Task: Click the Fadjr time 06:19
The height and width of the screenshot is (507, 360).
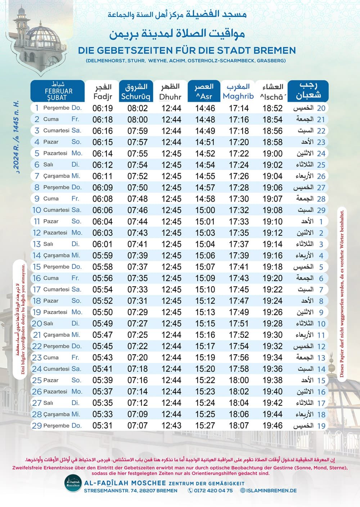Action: (x=103, y=108)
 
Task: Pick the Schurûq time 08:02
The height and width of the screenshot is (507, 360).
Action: (x=138, y=108)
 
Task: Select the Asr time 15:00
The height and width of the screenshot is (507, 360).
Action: (x=205, y=210)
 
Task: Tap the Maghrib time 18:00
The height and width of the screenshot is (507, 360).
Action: (x=239, y=380)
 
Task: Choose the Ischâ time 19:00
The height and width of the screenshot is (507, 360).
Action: (x=273, y=153)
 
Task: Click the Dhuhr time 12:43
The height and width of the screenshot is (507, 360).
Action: (x=171, y=426)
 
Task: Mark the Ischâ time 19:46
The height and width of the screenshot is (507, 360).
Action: (x=273, y=426)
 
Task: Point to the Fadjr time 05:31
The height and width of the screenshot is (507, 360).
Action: (x=103, y=426)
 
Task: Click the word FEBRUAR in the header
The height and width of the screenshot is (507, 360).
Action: (x=58, y=91)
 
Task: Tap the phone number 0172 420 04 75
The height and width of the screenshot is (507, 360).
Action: (x=213, y=490)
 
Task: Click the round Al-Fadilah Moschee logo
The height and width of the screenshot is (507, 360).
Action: (x=73, y=484)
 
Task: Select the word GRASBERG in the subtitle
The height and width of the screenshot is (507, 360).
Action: (x=271, y=60)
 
